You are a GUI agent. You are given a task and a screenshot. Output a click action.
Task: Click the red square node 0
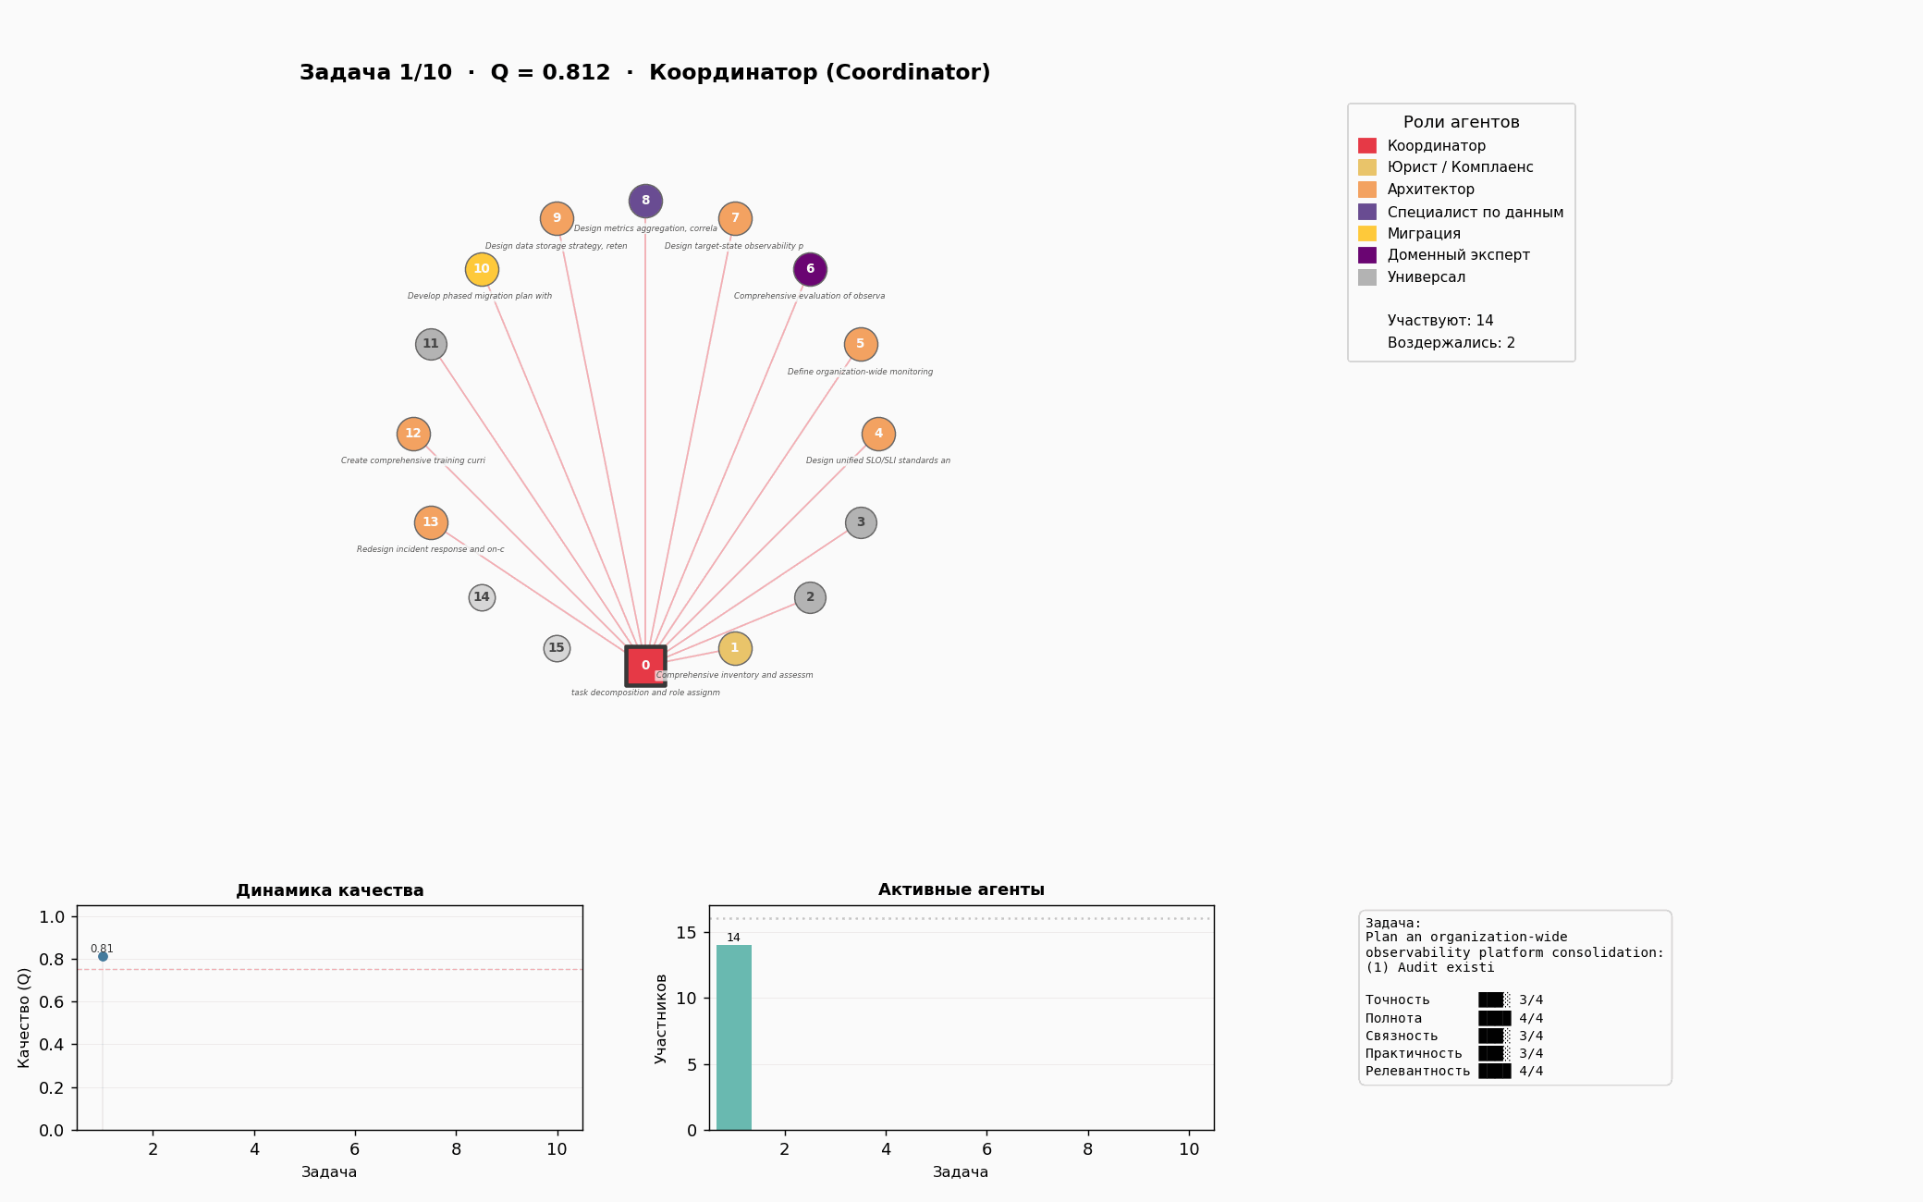tap(645, 666)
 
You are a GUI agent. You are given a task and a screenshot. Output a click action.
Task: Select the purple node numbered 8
tap(645, 201)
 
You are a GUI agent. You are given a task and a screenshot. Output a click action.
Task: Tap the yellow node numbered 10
tap(482, 269)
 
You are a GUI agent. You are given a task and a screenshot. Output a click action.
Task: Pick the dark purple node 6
tap(810, 269)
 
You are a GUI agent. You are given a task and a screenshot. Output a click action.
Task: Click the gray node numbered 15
tap(557, 648)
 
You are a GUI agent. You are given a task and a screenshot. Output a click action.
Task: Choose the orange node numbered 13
tap(431, 522)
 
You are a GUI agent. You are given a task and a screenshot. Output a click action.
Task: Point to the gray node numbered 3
tap(861, 522)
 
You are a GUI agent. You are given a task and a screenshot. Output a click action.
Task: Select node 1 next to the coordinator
tap(735, 648)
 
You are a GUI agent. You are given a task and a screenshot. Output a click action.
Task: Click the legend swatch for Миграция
tap(1366, 234)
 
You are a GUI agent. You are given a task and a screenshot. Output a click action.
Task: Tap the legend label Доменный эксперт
tap(1458, 255)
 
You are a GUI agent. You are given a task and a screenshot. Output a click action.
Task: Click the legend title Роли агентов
tap(1461, 122)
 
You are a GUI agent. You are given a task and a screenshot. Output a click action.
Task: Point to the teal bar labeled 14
tap(734, 1036)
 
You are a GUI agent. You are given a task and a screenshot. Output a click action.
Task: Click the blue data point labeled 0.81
tap(103, 956)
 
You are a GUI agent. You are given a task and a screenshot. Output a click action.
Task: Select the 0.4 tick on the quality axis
tap(52, 1045)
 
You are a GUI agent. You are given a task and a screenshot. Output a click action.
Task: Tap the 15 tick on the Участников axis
tap(685, 932)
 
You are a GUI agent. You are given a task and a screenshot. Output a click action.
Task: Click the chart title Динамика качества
tap(329, 890)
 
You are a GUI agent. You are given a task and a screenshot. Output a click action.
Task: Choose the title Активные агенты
tap(961, 889)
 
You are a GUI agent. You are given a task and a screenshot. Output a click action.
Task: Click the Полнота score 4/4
tap(1531, 1018)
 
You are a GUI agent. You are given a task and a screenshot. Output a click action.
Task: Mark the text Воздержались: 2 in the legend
tap(1451, 343)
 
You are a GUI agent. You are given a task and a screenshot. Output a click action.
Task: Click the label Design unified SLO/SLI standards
tap(877, 460)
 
